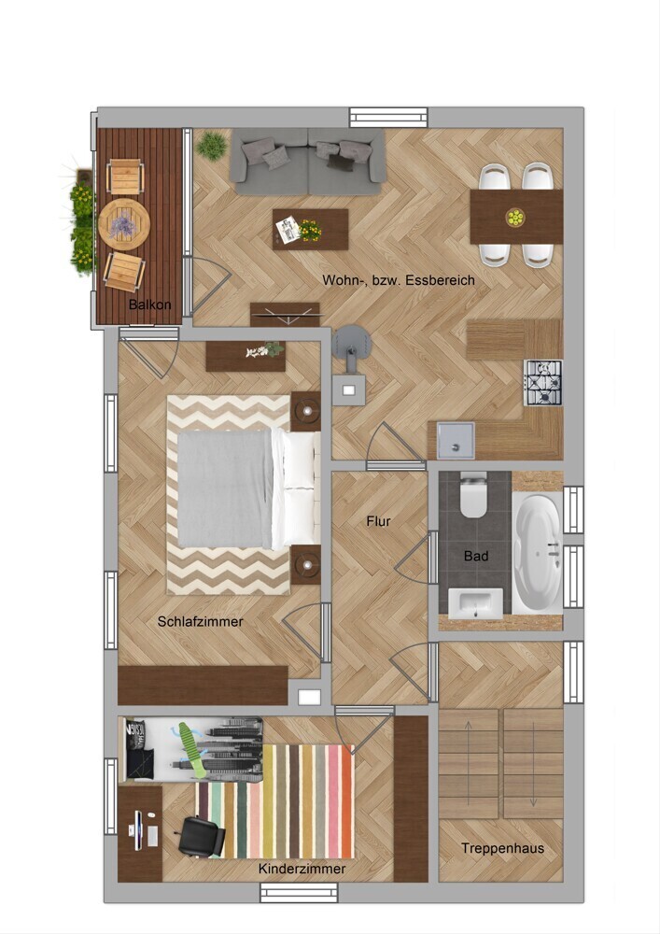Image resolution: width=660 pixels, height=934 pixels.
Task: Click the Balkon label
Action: pos(150,304)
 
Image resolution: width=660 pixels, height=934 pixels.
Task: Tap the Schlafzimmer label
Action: pos(201,622)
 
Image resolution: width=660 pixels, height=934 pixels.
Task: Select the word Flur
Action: pos(378,521)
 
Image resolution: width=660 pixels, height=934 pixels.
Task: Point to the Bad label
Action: pos(476,556)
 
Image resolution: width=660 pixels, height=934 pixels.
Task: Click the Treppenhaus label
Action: pos(503,848)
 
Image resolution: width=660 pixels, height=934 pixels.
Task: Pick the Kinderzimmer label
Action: pos(302,869)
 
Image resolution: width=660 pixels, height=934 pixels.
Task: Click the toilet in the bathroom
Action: pos(473,494)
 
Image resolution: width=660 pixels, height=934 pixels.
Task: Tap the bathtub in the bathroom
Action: pos(538,554)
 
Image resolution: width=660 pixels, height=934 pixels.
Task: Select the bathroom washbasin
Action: pos(475,603)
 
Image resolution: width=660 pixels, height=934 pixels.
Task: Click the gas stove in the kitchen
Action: pos(542,382)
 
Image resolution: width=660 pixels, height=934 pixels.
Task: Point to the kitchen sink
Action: pos(456,440)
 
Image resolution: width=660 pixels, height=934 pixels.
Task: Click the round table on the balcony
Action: pos(124,224)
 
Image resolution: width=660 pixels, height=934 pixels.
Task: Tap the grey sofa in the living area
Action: pos(308,162)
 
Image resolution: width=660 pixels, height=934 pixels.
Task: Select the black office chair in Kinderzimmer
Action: pos(202,836)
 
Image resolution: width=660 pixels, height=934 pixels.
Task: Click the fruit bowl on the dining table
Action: pos(515,217)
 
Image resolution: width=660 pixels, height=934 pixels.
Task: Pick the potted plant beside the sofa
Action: pos(212,146)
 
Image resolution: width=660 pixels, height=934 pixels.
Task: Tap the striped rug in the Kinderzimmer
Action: pos(275,801)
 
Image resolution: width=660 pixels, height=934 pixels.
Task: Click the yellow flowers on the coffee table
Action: pos(310,230)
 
